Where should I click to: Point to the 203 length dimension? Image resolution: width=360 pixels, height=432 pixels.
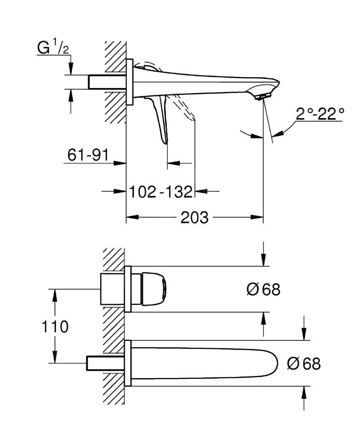click(x=194, y=218)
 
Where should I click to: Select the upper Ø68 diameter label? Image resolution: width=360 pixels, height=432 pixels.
click(x=263, y=290)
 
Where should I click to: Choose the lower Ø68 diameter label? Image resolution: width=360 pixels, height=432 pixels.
click(x=304, y=363)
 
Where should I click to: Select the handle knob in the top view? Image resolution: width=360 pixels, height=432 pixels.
click(x=153, y=289)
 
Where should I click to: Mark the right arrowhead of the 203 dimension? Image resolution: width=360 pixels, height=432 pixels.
click(x=258, y=217)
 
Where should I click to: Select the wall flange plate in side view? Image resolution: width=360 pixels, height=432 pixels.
click(x=130, y=81)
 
